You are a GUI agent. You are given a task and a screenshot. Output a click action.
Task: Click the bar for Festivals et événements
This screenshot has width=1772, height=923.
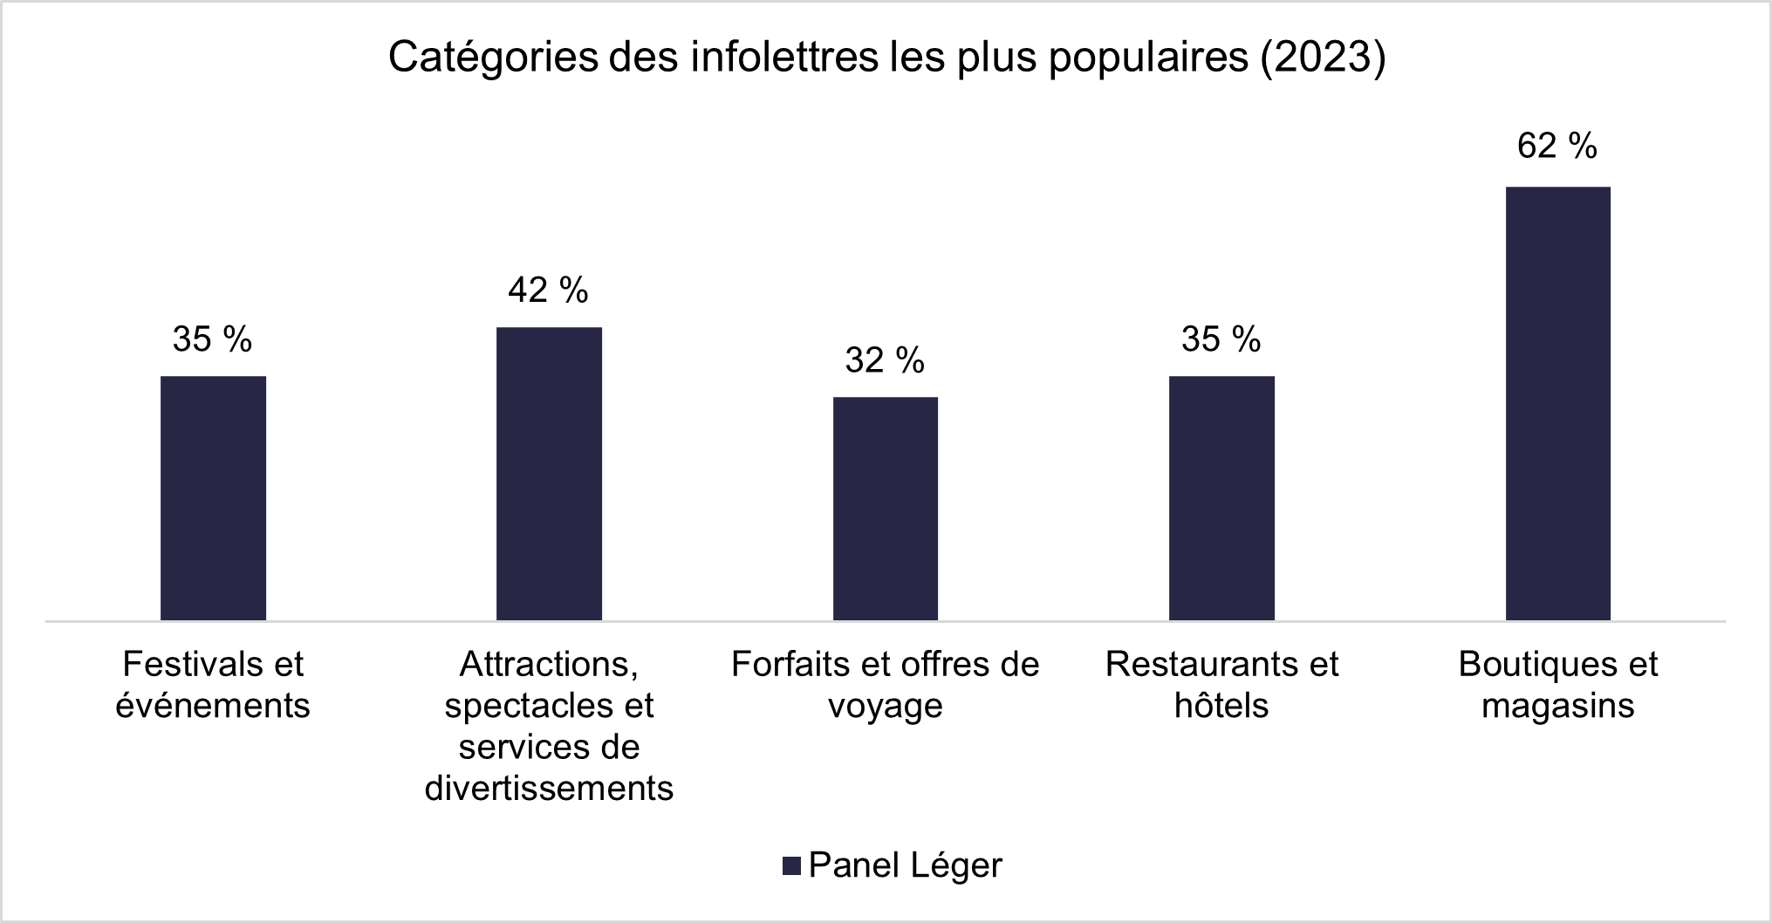pyautogui.click(x=213, y=498)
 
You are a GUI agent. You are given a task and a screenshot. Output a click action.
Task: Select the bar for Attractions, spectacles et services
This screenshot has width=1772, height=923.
pyautogui.click(x=549, y=474)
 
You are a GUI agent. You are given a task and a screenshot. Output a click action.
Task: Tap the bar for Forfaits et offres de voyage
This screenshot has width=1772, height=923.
pyautogui.click(x=885, y=509)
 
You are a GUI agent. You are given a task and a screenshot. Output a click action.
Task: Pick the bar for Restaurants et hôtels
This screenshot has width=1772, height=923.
pyautogui.click(x=1221, y=498)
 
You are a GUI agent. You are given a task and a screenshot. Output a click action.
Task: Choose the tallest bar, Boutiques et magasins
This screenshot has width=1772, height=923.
pyautogui.click(x=1557, y=403)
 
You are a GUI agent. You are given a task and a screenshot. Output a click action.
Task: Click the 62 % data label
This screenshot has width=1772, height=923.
pyautogui.click(x=1556, y=146)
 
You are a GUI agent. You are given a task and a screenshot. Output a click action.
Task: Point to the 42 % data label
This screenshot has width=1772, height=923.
pyautogui.click(x=548, y=290)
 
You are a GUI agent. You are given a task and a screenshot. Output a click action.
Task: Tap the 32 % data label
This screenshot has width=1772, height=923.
pyautogui.click(x=884, y=360)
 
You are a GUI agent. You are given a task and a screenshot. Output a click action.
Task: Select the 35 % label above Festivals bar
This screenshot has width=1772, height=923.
pyautogui.click(x=212, y=339)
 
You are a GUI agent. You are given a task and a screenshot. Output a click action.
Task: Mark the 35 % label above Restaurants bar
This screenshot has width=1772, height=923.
pyautogui.click(x=1221, y=339)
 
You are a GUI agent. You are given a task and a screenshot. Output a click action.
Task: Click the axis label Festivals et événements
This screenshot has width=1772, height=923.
pyautogui.click(x=213, y=685)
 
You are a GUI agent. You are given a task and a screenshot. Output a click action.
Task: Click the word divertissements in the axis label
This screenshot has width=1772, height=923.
pyautogui.click(x=549, y=789)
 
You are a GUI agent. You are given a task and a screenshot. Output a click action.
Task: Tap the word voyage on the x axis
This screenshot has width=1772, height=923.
pyautogui.click(x=885, y=706)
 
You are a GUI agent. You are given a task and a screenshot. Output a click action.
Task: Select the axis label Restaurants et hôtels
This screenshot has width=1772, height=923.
pyautogui.click(x=1221, y=685)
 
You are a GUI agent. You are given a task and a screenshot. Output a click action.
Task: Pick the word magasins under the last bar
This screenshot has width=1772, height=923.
pyautogui.click(x=1557, y=706)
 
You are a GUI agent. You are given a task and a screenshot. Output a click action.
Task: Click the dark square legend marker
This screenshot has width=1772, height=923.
pyautogui.click(x=791, y=865)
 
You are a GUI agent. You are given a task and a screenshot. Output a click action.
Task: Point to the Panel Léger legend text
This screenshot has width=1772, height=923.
pyautogui.click(x=905, y=865)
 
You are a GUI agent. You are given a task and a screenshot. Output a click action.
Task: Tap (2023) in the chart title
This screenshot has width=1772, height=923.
pyautogui.click(x=1323, y=58)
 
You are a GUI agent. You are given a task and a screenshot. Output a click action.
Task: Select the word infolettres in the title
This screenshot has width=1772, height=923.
pyautogui.click(x=784, y=58)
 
